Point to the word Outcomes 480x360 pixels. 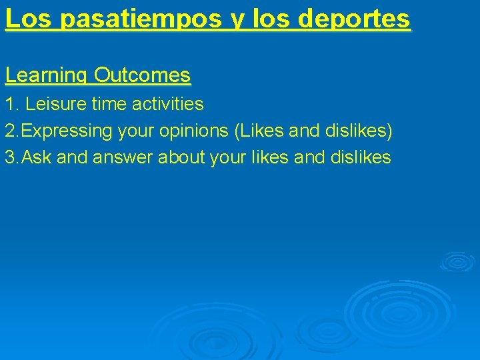(x=142, y=75)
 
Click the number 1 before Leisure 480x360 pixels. (x=9, y=104)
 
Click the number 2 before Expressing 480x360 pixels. (x=9, y=131)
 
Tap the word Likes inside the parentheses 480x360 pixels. (x=260, y=131)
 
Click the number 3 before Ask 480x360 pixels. (x=9, y=157)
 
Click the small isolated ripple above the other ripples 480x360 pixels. (x=457, y=261)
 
